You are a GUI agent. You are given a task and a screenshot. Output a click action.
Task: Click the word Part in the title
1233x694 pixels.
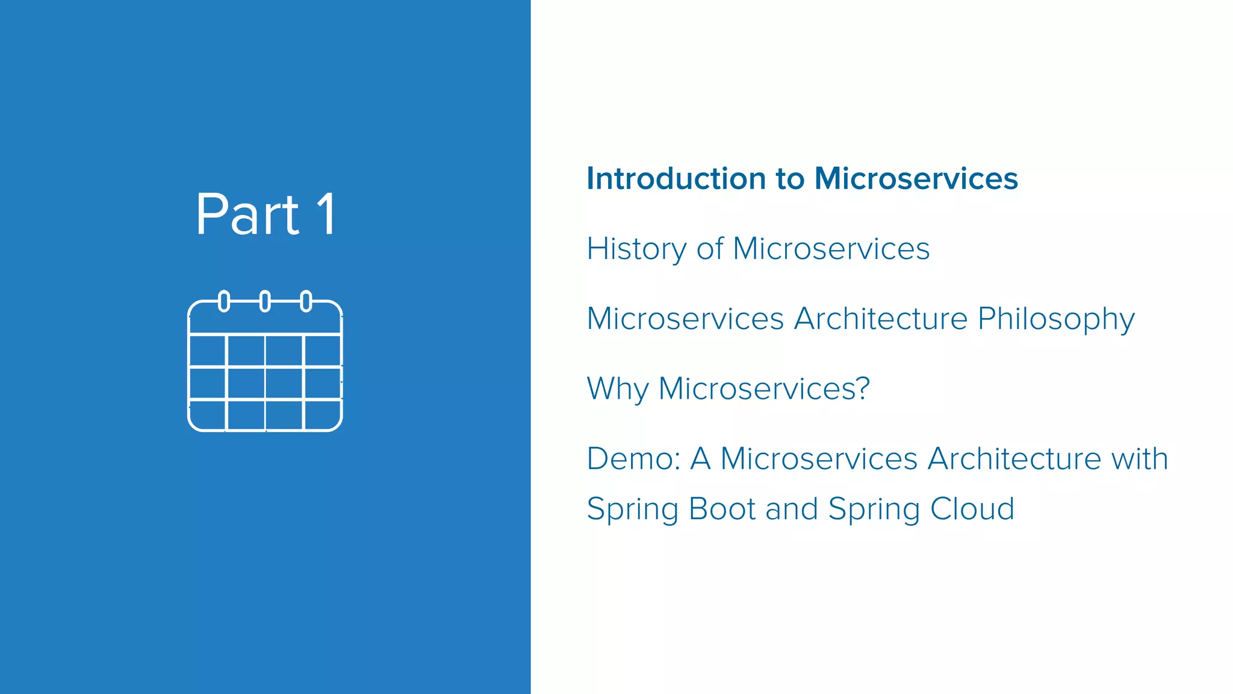tap(247, 215)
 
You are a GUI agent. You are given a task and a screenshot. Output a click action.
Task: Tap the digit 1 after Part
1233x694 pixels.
tap(327, 215)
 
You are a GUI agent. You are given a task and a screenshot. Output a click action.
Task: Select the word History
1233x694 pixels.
tap(636, 249)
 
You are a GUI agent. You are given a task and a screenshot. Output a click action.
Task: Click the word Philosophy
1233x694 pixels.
tap(1056, 319)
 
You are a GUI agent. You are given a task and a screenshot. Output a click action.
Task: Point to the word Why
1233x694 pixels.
tap(617, 389)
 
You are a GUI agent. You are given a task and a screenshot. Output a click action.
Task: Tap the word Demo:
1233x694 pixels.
tap(633, 459)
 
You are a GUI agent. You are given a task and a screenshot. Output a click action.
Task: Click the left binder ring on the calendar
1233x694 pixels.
tap(224, 301)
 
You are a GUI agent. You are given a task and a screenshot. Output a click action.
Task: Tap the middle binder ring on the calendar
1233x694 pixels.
tap(265, 301)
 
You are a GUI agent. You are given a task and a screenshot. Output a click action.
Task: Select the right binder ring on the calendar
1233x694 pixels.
tap(306, 301)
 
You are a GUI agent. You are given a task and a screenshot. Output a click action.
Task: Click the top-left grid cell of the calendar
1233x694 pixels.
tap(208, 350)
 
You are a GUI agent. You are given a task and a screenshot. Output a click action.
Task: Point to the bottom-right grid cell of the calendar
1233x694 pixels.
tap(322, 415)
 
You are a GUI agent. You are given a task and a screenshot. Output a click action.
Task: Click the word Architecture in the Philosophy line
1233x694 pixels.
tap(880, 319)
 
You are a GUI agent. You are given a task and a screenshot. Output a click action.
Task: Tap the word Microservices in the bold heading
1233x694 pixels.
tap(915, 179)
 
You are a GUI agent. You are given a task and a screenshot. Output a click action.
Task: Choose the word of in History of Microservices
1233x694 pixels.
tap(710, 249)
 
